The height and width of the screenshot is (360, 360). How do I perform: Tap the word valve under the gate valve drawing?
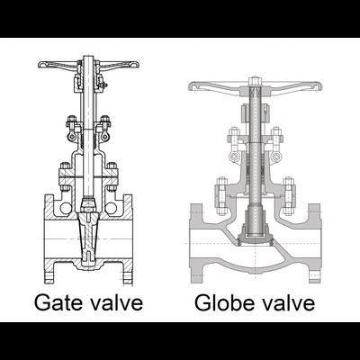(x=117, y=301)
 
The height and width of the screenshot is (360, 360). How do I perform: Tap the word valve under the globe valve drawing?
(x=289, y=301)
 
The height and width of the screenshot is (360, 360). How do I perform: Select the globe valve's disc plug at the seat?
(x=255, y=239)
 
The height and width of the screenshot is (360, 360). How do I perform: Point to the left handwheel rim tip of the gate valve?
(x=40, y=65)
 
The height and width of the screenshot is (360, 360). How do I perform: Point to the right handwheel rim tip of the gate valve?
(x=137, y=65)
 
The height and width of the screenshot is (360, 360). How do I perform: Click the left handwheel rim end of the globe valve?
(x=191, y=86)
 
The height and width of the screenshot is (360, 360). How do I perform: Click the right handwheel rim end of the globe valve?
(x=319, y=86)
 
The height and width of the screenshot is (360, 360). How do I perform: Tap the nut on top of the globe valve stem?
(x=255, y=80)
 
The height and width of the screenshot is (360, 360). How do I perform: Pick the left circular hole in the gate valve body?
(x=66, y=209)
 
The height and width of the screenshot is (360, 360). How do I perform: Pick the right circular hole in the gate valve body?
(x=111, y=209)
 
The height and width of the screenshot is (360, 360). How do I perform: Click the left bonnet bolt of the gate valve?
(x=66, y=176)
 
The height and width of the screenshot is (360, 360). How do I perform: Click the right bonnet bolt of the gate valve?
(x=112, y=176)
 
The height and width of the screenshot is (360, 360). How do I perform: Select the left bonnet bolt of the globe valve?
(x=221, y=196)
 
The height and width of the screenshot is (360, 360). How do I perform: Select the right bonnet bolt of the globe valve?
(x=288, y=196)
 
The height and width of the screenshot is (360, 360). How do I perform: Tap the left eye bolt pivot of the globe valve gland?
(x=234, y=157)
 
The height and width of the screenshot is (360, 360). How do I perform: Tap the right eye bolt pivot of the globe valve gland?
(x=275, y=157)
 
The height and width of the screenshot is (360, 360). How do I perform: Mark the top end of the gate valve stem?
(x=88, y=56)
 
